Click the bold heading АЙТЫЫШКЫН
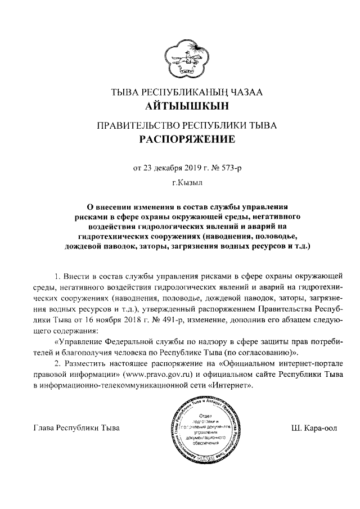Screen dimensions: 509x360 [179, 105]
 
